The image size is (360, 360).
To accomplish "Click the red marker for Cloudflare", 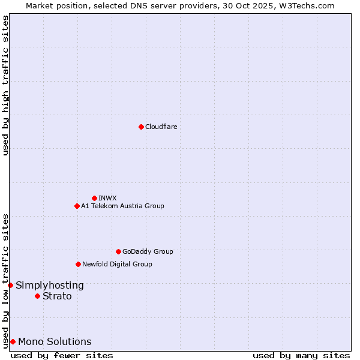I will (x=141, y=127).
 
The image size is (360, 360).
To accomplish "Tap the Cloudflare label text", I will (x=161, y=127).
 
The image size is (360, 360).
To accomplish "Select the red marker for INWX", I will (x=94, y=198).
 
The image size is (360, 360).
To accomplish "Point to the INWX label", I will (x=107, y=198).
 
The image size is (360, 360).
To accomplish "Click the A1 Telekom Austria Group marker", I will (x=77, y=206).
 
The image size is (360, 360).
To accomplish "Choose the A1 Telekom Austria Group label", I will (x=122, y=206).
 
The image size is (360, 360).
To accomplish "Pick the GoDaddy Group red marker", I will (x=118, y=251).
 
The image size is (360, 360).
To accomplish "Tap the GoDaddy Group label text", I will (x=148, y=251).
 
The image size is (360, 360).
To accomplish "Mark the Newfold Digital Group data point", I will (x=78, y=264).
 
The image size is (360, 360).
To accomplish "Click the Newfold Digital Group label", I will (x=117, y=264).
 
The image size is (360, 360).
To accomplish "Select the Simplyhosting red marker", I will (x=10, y=285).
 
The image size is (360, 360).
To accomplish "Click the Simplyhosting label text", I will (x=50, y=286).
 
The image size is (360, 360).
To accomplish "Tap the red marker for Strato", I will (x=37, y=296).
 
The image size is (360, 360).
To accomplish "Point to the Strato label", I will (x=57, y=296).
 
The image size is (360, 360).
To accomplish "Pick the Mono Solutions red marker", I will (x=13, y=341).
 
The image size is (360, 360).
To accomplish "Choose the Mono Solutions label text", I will (x=55, y=342).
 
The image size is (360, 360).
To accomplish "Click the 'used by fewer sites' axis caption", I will (x=62, y=355).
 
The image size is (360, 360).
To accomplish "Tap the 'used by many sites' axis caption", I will (x=301, y=355).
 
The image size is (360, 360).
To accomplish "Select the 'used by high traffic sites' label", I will (x=5, y=85).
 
